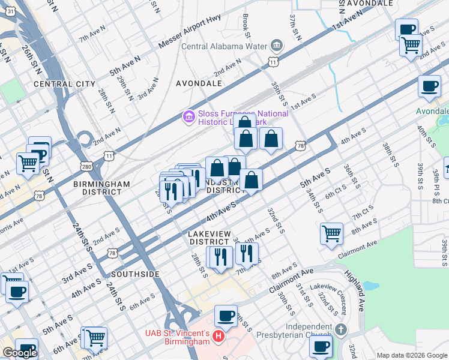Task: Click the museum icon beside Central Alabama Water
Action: click(x=277, y=46)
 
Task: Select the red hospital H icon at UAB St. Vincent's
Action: click(x=218, y=339)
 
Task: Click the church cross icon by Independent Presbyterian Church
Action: click(x=340, y=329)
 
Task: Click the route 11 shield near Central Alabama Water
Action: click(x=274, y=62)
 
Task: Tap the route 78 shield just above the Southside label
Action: click(x=111, y=254)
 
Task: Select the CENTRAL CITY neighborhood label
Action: click(x=65, y=84)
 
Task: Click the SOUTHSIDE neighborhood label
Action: click(x=135, y=274)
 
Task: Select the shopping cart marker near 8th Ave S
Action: click(x=331, y=233)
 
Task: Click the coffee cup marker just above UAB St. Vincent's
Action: click(x=226, y=314)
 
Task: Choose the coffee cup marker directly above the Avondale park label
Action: click(x=429, y=86)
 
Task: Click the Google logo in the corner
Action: click(x=20, y=353)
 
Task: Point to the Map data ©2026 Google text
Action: click(x=412, y=355)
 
